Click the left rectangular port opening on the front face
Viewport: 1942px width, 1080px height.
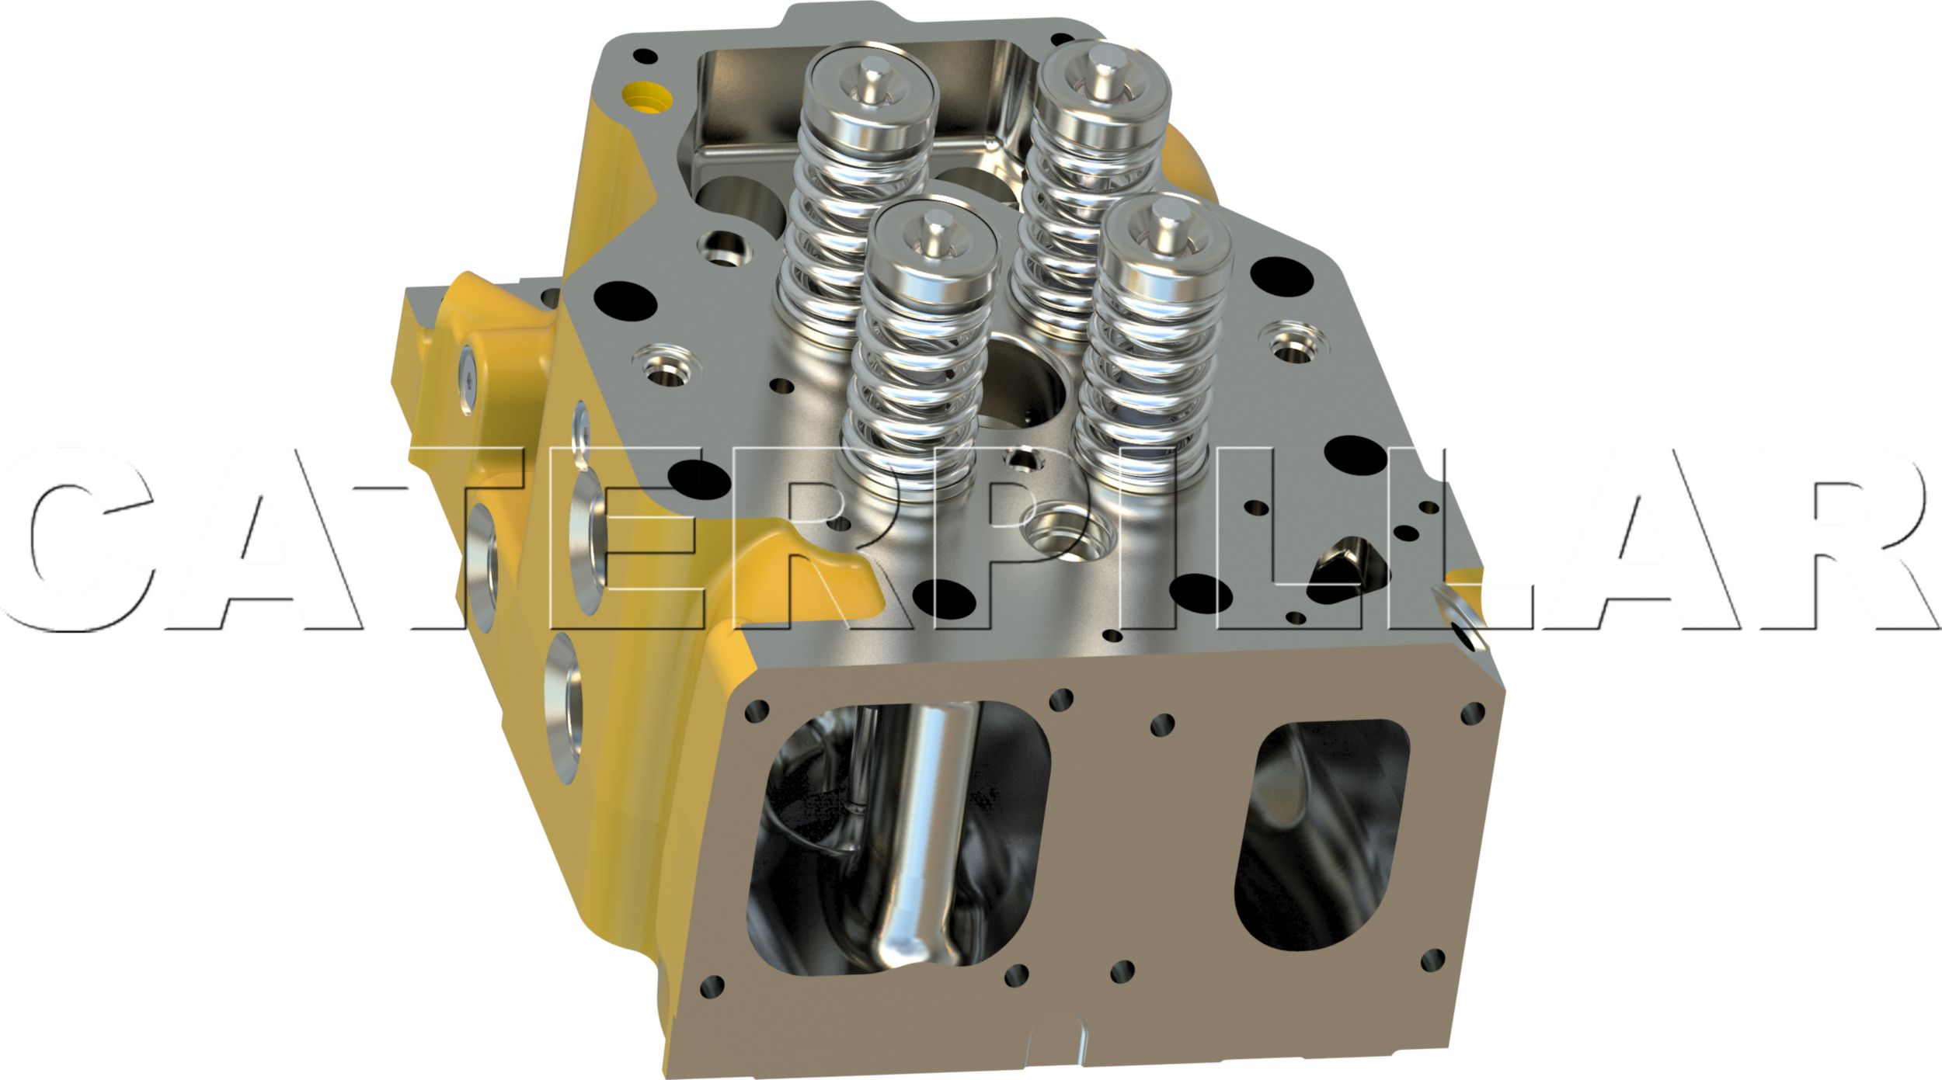pos(897,839)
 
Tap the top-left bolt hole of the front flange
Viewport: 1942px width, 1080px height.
pos(756,709)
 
